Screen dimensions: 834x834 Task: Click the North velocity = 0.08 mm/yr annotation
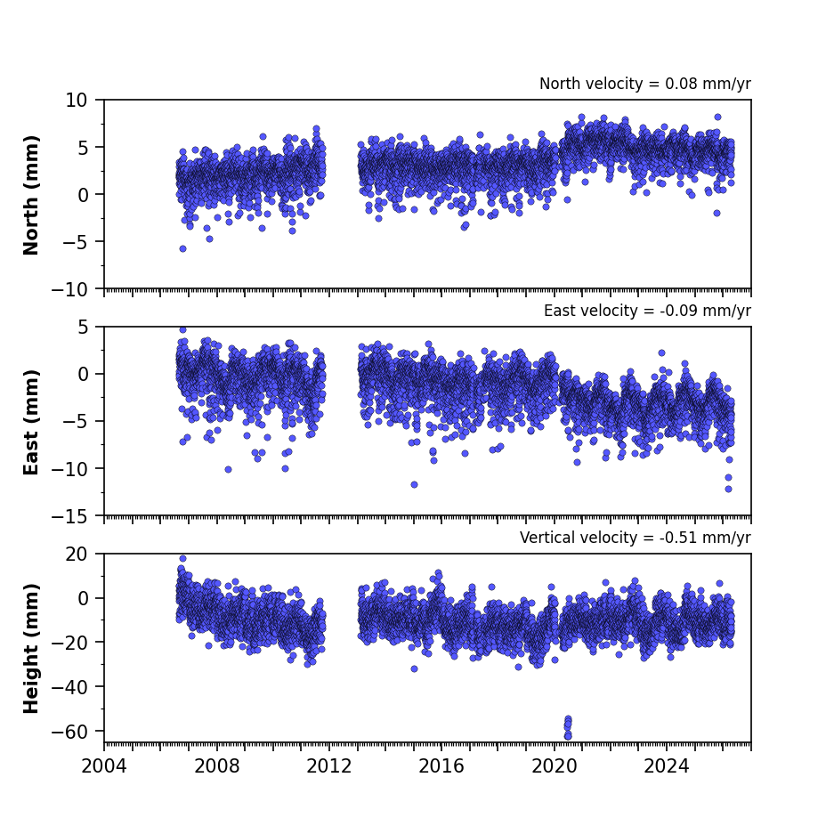coord(645,84)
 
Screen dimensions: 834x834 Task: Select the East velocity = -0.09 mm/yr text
coord(647,311)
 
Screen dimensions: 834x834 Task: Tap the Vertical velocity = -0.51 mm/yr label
coord(636,538)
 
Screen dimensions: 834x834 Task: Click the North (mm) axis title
coord(31,195)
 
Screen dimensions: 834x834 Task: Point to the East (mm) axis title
coord(31,422)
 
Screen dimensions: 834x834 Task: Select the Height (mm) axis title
coord(31,648)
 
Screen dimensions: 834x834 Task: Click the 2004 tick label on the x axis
coord(104,766)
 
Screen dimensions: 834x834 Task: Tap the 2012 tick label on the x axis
coord(329,766)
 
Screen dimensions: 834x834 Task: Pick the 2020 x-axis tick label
coord(555,766)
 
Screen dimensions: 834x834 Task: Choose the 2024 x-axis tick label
coord(667,766)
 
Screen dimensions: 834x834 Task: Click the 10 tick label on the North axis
coord(77,100)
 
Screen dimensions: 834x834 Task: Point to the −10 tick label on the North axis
coord(69,290)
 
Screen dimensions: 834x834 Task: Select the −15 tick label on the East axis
coord(69,516)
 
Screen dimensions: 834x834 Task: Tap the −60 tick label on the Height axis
coord(69,732)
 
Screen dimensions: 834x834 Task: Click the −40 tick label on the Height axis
coord(69,687)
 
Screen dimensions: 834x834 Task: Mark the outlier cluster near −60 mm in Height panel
coord(568,727)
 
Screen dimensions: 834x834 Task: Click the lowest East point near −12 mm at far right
coord(729,489)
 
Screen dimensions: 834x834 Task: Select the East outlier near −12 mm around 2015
coord(415,484)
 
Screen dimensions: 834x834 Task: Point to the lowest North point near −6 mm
coord(183,248)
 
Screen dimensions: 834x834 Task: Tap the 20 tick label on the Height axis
coord(77,555)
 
